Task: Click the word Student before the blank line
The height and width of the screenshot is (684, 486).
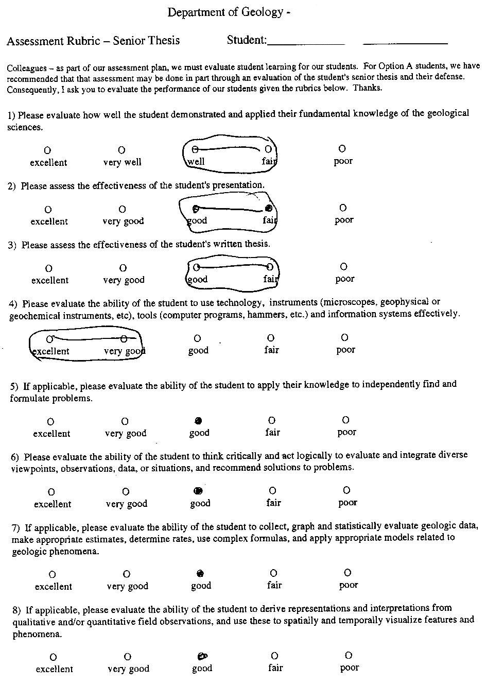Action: pyautogui.click(x=246, y=40)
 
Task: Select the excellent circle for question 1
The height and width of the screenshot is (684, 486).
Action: pyautogui.click(x=47, y=150)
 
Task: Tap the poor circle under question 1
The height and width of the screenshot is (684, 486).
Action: pyautogui.click(x=342, y=149)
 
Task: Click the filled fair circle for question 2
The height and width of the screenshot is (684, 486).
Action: pyautogui.click(x=268, y=209)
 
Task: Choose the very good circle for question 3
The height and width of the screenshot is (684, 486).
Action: pyautogui.click(x=123, y=268)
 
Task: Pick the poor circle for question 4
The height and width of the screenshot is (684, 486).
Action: pyautogui.click(x=344, y=337)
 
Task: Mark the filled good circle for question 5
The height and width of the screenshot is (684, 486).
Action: pyautogui.click(x=198, y=420)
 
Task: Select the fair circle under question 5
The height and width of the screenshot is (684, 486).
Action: pyautogui.click(x=272, y=420)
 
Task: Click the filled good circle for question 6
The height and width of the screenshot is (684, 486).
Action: pyautogui.click(x=198, y=491)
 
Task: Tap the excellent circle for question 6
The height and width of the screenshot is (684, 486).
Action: pyautogui.click(x=51, y=492)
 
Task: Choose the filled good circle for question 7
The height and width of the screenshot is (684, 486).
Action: pyautogui.click(x=200, y=573)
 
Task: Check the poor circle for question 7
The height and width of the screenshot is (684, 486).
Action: pyautogui.click(x=348, y=572)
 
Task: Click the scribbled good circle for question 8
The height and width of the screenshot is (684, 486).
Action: pyautogui.click(x=202, y=656)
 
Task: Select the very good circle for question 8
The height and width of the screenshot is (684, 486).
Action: pyautogui.click(x=128, y=657)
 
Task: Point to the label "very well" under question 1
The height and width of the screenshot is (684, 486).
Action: pyautogui.click(x=122, y=162)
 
